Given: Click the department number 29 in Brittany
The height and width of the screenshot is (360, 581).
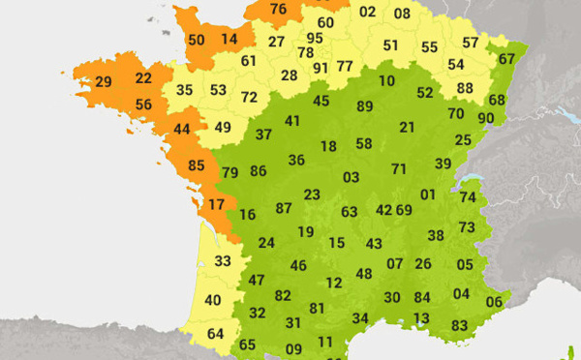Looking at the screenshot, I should tap(103, 82).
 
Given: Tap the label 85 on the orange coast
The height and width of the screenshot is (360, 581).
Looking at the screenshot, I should tap(196, 165).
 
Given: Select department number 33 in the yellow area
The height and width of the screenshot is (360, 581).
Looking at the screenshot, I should tap(223, 260).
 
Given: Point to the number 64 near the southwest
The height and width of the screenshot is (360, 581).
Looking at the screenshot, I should tap(216, 335).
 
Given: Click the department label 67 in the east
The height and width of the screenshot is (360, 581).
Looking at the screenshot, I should tap(507, 58).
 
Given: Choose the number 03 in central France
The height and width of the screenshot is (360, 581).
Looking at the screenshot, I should tap(351, 177).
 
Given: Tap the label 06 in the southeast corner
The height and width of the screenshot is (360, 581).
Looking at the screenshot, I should tap(494, 302).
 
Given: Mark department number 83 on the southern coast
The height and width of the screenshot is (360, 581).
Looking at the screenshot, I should tap(460, 325).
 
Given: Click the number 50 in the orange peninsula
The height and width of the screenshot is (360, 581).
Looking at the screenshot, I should tap(196, 40).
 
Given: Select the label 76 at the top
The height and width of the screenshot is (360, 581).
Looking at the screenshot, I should tap(279, 10).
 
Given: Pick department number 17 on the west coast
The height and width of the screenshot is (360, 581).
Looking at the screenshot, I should tap(216, 204).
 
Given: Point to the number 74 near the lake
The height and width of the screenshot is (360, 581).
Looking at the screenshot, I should tap(468, 197).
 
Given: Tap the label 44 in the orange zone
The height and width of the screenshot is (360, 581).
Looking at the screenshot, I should tap(182, 129).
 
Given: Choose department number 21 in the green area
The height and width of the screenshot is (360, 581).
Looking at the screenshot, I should tap(407, 127).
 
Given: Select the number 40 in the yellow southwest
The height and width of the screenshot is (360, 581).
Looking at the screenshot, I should tap(212, 300).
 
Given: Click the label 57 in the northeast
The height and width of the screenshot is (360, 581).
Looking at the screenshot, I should tap(471, 43).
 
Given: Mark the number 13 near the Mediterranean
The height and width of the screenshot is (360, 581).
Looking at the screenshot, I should tap(421, 318).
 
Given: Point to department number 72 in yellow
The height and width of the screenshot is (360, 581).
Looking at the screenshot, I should tap(249, 97).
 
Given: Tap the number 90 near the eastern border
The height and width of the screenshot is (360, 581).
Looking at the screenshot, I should tap(486, 118).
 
